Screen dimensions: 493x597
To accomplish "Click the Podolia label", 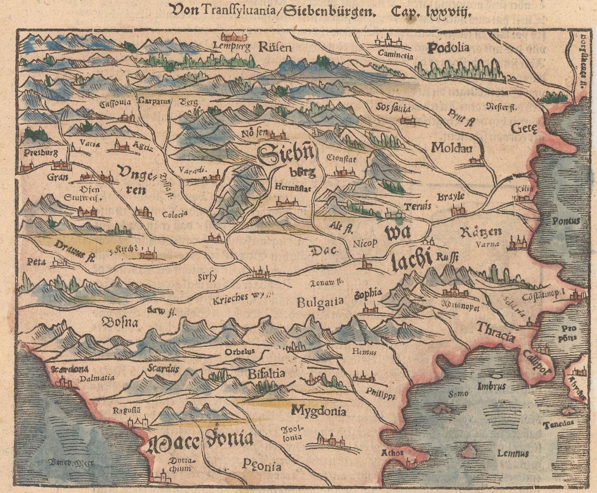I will (448, 48).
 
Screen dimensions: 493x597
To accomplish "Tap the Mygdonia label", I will (319, 410).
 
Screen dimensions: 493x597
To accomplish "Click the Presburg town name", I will (41, 153).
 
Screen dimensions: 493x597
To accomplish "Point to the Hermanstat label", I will (293, 189).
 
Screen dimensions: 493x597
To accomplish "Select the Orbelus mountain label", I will (239, 351).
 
